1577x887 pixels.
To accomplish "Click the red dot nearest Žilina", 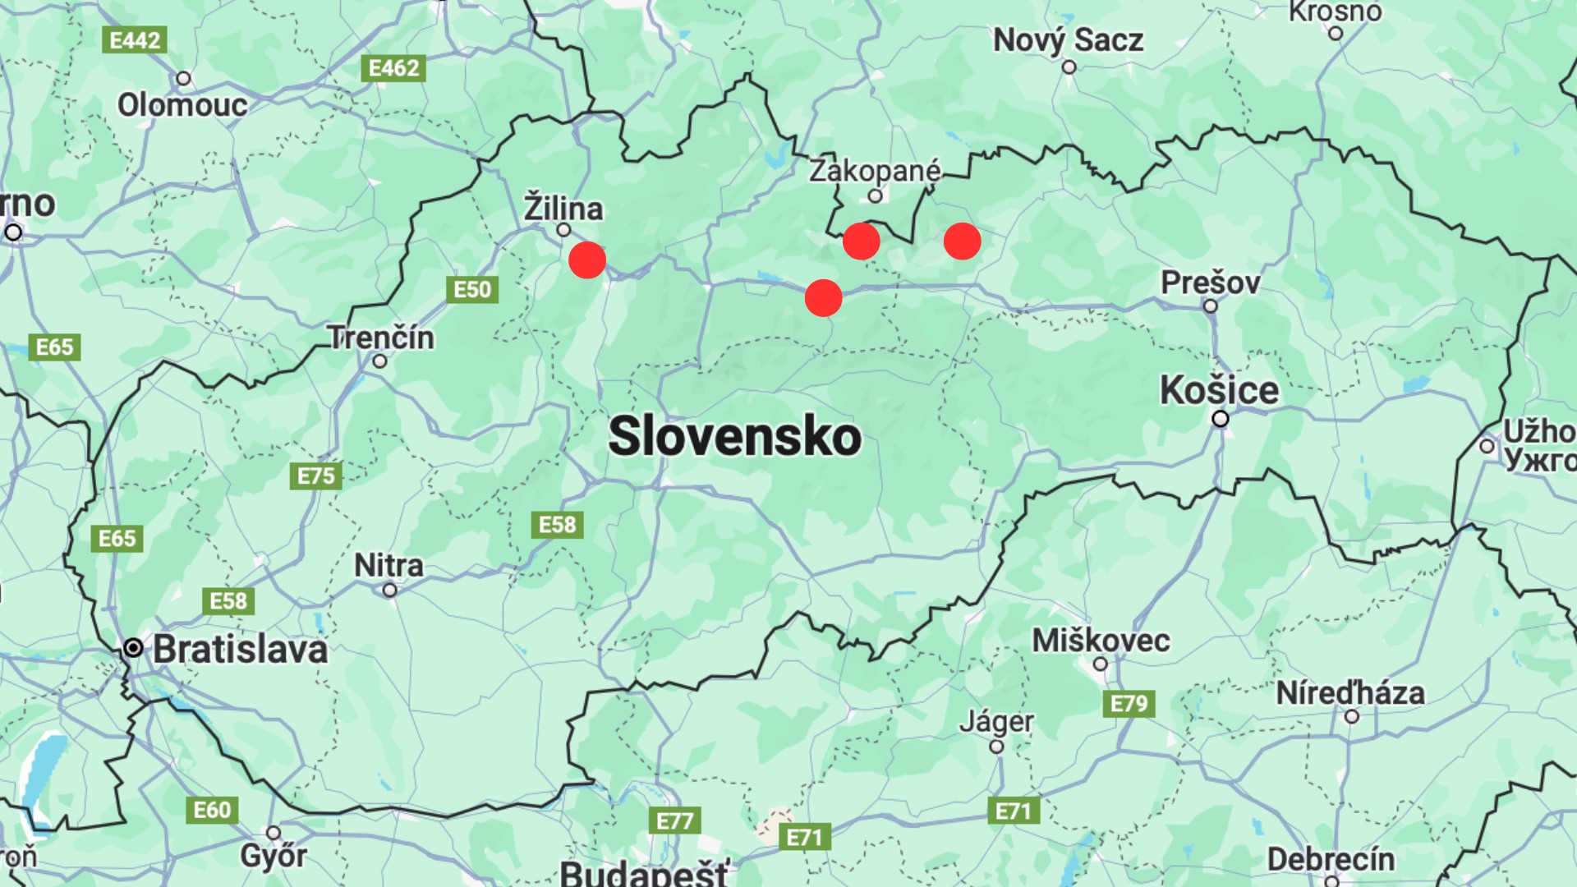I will (x=587, y=260).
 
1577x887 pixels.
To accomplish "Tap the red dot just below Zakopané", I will (x=861, y=241).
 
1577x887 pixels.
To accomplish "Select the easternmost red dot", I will (x=962, y=241).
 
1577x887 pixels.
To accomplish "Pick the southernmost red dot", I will (x=823, y=297).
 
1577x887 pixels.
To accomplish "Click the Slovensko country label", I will (x=734, y=436).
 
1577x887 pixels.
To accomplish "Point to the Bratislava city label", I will (x=240, y=650).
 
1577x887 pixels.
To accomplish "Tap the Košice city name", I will (x=1219, y=390).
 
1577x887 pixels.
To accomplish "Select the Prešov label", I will (x=1210, y=283).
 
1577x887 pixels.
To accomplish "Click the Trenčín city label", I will (x=381, y=338).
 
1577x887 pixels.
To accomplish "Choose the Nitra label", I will (x=389, y=565).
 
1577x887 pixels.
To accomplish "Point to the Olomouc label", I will (x=182, y=105).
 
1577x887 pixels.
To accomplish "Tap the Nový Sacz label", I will (x=1068, y=40).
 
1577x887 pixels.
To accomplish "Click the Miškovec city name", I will (x=1101, y=641).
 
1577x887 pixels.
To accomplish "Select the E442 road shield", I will (x=135, y=40).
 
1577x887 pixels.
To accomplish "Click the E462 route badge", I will (x=393, y=68).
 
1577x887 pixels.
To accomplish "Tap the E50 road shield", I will (x=472, y=289).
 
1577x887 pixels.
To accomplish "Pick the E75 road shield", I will (x=316, y=476).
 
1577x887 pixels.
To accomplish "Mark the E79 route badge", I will (x=1129, y=703).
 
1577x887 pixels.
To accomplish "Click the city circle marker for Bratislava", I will (x=133, y=648).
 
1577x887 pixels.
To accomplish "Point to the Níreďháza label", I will (x=1350, y=693).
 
